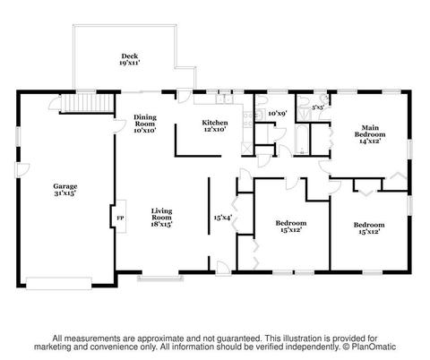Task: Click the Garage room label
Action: point(65,190)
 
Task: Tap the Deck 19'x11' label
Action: point(130,59)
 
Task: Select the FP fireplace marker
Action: point(120,218)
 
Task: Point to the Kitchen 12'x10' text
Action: point(215,125)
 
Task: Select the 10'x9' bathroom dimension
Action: point(278,113)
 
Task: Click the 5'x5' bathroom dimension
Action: point(318,107)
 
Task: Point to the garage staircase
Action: point(88,103)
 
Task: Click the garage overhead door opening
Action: point(59,283)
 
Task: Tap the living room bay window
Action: point(160,278)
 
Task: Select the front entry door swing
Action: point(223,267)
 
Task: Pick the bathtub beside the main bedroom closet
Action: point(302,140)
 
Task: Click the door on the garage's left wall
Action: point(22,170)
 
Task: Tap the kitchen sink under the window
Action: point(224,99)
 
